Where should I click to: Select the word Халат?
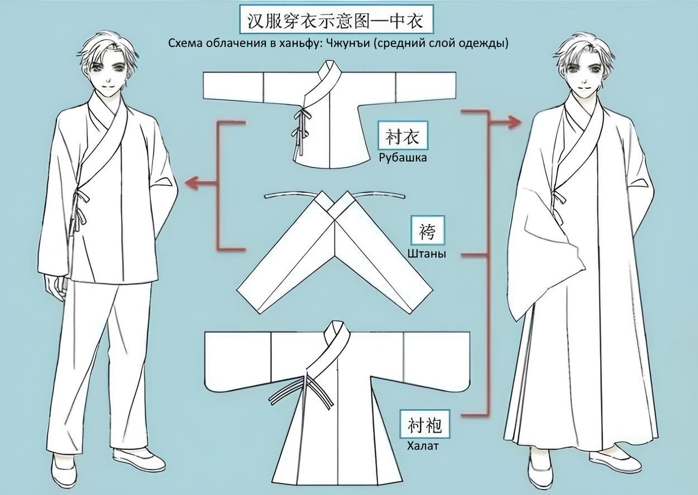click(422, 447)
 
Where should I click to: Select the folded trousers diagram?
click(334, 250)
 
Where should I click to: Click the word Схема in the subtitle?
click(182, 44)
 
